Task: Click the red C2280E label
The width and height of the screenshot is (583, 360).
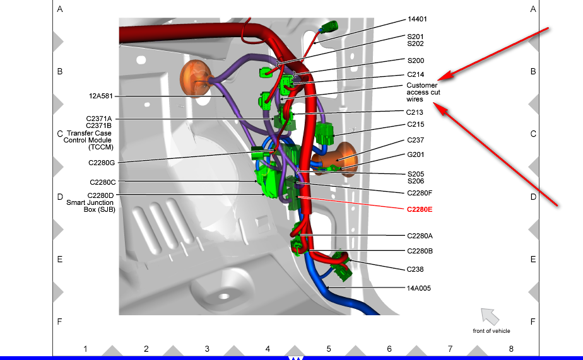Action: coord(420,209)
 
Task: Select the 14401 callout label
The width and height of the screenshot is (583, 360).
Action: coord(418,20)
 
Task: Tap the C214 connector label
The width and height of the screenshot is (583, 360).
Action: coord(415,74)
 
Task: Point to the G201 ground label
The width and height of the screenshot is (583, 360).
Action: coord(415,155)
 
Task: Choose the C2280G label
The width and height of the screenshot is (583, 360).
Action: coord(102,163)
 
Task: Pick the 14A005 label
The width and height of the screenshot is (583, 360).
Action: coord(419,288)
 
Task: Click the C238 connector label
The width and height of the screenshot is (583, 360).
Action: coord(415,269)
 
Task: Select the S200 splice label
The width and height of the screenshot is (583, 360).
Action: coord(415,61)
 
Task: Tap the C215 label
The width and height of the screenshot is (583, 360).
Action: coord(415,125)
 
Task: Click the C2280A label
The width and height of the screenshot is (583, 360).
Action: coord(420,236)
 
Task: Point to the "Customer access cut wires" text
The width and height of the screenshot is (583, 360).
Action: coord(423,92)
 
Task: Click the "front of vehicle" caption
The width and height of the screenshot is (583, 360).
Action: coord(491,331)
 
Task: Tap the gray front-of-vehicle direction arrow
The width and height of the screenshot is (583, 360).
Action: coord(489,315)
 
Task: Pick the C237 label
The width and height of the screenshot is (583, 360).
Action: coord(415,140)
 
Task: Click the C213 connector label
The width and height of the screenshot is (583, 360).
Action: coord(415,112)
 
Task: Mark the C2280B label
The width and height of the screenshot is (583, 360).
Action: coord(420,251)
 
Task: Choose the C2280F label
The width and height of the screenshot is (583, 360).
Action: coord(420,192)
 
